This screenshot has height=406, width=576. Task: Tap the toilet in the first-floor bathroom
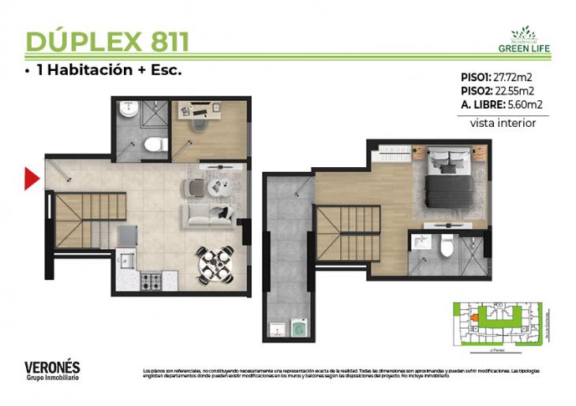click(156, 144)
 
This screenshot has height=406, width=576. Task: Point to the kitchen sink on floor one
click(125, 259)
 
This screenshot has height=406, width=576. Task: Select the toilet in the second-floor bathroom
click(446, 248)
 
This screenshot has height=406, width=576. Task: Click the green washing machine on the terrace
click(300, 328)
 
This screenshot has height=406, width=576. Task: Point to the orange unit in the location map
click(475, 318)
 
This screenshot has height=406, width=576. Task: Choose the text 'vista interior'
click(503, 123)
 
